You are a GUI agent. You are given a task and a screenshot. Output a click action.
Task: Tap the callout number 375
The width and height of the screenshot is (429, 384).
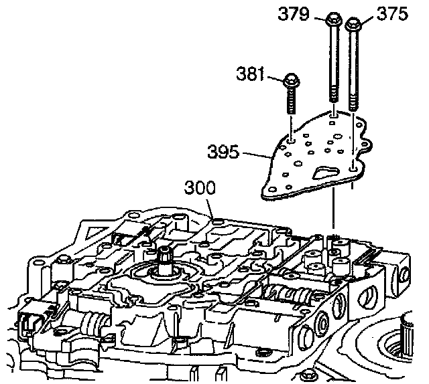[x=392, y=14]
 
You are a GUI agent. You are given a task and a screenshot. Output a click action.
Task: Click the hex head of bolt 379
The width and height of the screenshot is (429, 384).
[x=334, y=21]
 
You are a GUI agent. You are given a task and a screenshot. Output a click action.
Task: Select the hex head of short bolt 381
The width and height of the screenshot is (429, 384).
[x=292, y=81]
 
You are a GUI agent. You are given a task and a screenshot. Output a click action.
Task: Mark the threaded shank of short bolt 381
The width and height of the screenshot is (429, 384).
[x=292, y=103]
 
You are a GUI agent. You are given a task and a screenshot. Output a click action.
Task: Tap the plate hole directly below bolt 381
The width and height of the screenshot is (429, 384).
[x=292, y=139]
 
